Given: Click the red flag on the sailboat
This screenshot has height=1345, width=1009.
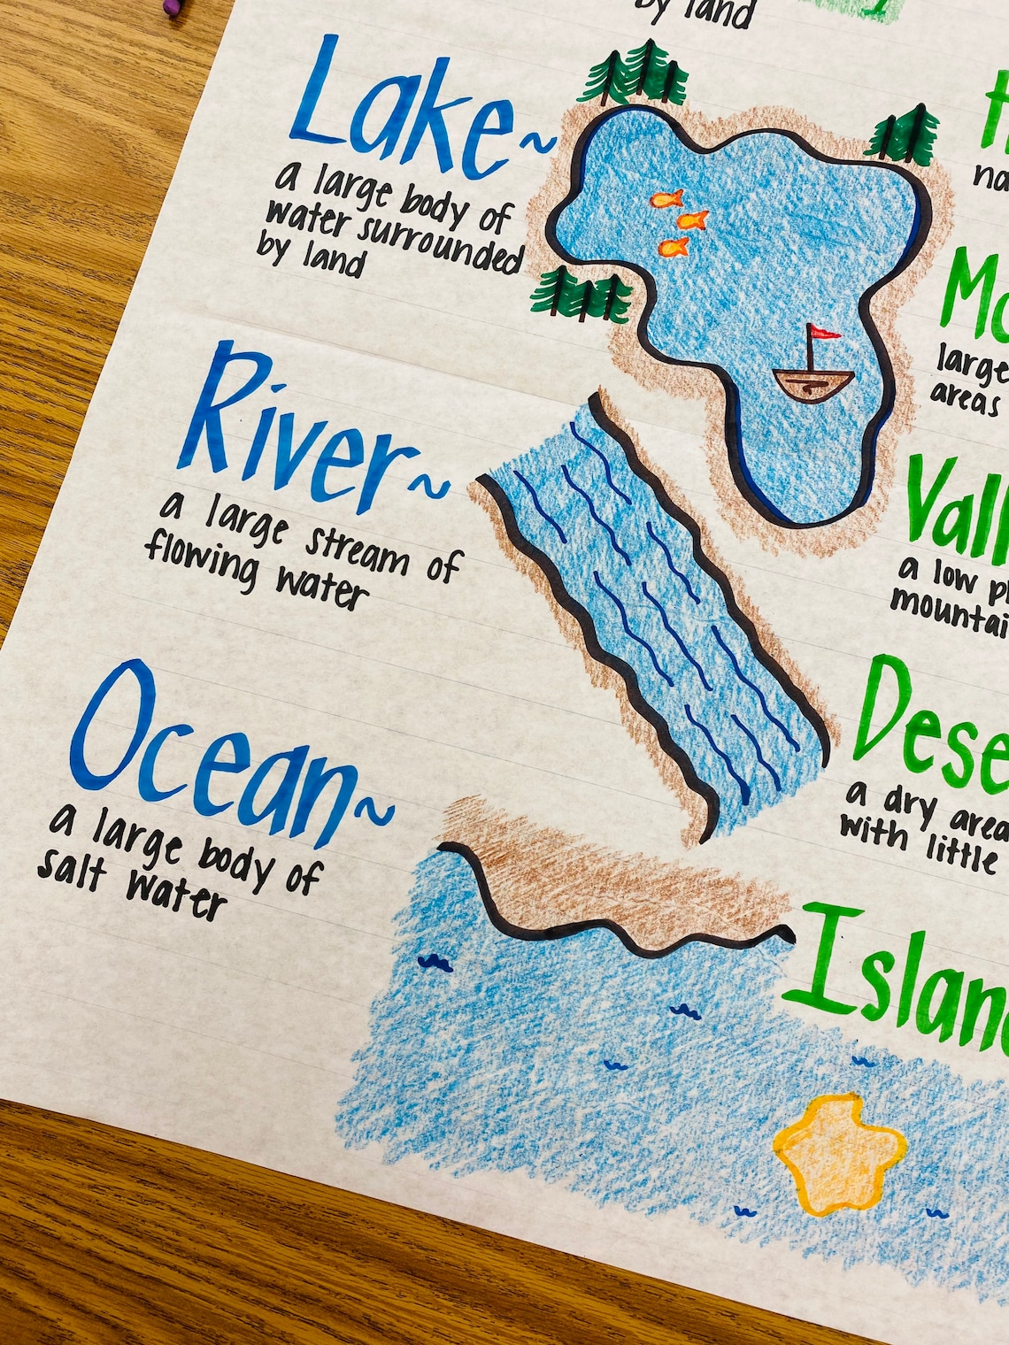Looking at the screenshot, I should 823,333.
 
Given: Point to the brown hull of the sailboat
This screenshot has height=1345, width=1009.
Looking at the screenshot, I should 813,383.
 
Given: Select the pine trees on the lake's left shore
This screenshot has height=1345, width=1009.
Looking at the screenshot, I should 580,294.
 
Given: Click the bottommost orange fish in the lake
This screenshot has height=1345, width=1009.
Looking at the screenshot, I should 674,247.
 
